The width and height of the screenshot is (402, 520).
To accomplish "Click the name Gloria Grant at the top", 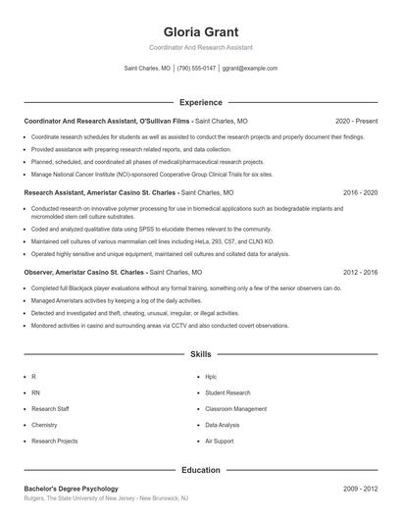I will click(200, 31).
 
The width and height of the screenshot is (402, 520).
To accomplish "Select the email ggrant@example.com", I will click(249, 69).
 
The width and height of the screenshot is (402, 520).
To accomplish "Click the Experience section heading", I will click(200, 102).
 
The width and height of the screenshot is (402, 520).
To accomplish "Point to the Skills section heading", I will click(200, 353).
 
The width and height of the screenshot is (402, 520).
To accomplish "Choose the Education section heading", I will click(200, 470).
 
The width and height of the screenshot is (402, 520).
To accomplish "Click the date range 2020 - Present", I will click(356, 121).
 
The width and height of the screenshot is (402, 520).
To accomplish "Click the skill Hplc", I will click(211, 376).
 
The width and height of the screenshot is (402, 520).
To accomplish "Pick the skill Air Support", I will click(219, 442).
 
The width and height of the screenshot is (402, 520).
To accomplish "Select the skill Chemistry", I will click(44, 425).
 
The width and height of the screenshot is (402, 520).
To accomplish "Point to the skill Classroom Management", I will click(235, 408).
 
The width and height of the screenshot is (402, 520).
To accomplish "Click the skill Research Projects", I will click(54, 442).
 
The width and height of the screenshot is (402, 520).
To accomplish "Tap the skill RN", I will click(35, 392).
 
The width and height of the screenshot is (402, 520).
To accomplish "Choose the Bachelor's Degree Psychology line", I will click(71, 489).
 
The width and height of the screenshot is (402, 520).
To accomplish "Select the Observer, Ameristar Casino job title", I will click(113, 271).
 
